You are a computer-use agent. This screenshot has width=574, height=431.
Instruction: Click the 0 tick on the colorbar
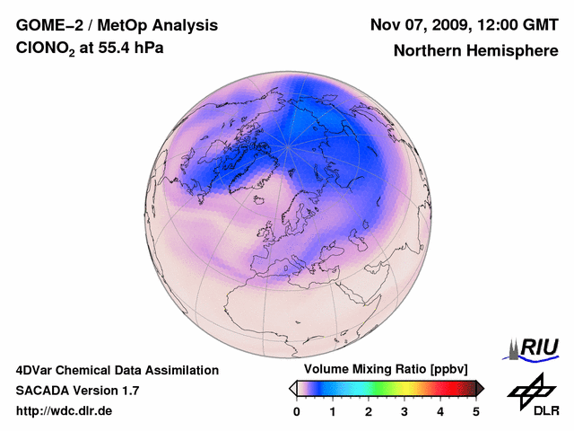click(297, 411)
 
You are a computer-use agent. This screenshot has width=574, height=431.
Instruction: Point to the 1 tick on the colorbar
click(333, 411)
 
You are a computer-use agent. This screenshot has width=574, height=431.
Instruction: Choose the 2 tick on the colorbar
click(369, 411)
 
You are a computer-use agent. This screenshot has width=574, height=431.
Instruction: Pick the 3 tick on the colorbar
click(404, 411)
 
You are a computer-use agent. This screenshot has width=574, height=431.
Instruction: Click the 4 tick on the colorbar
click(440, 411)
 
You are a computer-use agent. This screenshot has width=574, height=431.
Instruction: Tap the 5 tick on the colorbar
click(476, 411)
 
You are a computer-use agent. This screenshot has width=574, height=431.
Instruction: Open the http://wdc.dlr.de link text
click(65, 411)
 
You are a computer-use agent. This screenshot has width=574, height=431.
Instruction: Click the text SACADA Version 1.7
click(77, 391)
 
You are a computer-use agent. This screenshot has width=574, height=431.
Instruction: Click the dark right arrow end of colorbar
click(480, 388)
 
